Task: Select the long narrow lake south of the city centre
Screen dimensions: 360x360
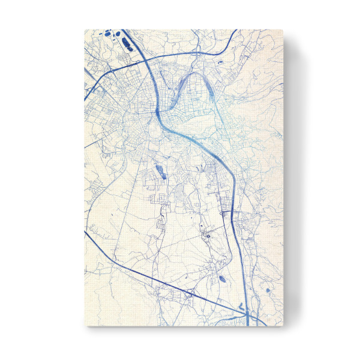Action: (x=160, y=173)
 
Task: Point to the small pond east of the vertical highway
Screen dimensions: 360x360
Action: (x=251, y=290)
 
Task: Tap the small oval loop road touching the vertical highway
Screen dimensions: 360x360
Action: (x=226, y=213)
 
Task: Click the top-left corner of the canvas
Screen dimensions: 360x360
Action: (x=84, y=29)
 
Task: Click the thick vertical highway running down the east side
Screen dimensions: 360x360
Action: (x=239, y=240)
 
